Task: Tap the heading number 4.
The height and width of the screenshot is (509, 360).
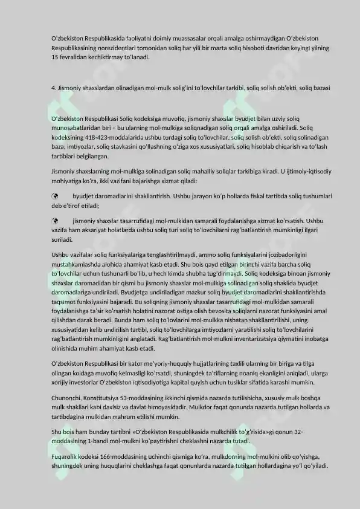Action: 54,88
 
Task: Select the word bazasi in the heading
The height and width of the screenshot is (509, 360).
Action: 320,88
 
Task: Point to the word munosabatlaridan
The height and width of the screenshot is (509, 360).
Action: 79,129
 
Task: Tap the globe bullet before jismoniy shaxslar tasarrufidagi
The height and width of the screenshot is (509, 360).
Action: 55,221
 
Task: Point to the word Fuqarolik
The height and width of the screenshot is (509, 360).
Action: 66,457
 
